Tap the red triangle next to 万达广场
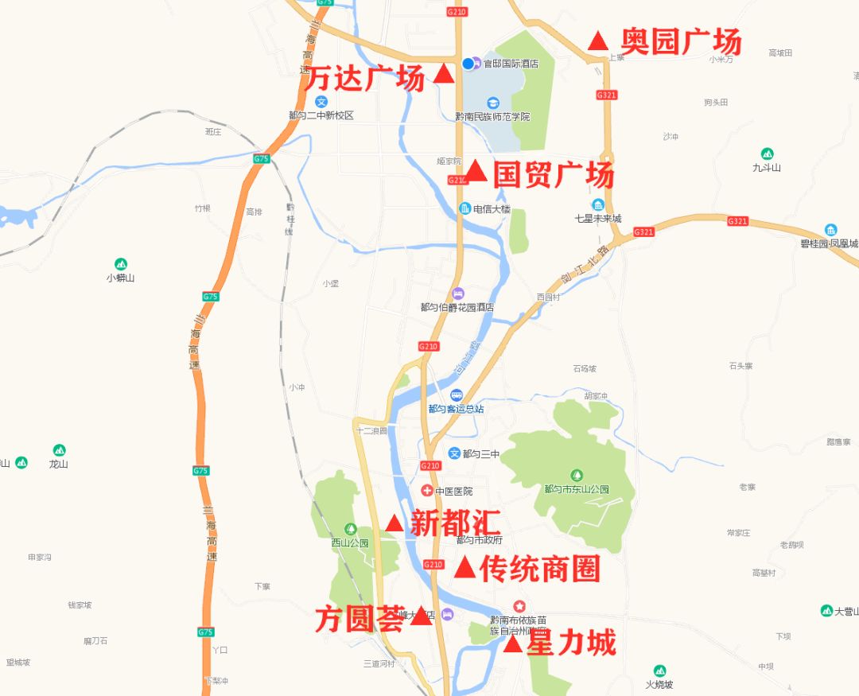click(444, 75)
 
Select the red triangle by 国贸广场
click(476, 171)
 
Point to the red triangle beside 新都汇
click(394, 523)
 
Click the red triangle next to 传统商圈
click(465, 568)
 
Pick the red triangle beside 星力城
click(514, 644)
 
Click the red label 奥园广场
click(680, 41)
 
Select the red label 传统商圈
click(539, 569)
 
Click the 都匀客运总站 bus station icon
click(457, 395)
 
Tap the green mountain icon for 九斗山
click(767, 154)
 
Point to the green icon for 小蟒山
click(121, 264)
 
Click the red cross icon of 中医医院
click(427, 491)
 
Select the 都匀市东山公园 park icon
click(577, 476)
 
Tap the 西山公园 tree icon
click(350, 530)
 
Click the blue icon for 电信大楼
click(465, 208)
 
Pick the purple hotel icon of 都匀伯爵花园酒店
click(457, 294)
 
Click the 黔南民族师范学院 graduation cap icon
click(492, 103)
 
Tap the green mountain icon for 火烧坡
click(659, 671)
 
